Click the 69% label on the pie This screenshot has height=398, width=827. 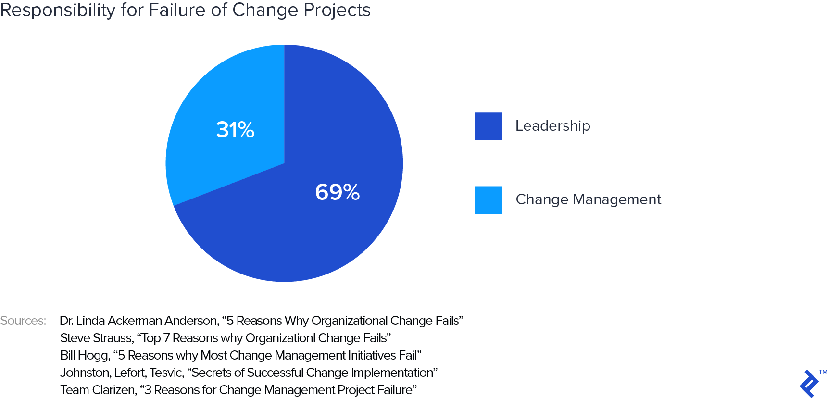[x=337, y=192]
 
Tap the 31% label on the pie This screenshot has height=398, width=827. [x=235, y=130]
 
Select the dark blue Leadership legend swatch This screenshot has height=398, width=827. [x=488, y=126]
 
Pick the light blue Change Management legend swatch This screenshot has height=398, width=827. [x=488, y=200]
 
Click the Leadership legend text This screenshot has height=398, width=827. [x=552, y=126]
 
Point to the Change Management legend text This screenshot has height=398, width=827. [x=588, y=199]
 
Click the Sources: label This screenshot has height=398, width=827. [x=23, y=321]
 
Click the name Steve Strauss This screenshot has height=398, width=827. [x=96, y=338]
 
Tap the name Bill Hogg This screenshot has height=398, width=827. [x=85, y=355]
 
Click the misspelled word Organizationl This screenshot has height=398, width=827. [x=280, y=338]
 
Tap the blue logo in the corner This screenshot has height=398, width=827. [x=809, y=384]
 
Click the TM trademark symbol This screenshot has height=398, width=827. [x=823, y=372]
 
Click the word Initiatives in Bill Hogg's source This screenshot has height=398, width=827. [x=372, y=355]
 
